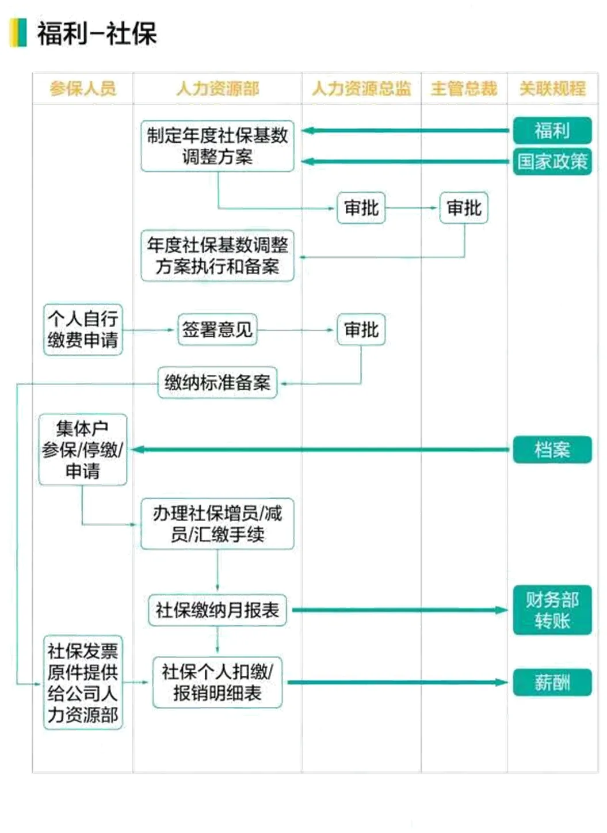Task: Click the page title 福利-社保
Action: (x=97, y=33)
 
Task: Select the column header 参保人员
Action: (x=83, y=89)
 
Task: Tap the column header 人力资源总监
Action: (x=361, y=89)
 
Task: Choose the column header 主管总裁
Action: (x=464, y=89)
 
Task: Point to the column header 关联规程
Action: (x=552, y=89)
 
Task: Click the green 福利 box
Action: (x=552, y=131)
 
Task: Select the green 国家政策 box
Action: (x=552, y=161)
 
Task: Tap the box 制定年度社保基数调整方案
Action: (x=217, y=146)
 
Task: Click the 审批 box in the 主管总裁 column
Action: (x=464, y=208)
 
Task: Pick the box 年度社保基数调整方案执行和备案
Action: (x=217, y=256)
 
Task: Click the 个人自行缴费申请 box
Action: (x=83, y=329)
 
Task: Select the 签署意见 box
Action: (x=217, y=330)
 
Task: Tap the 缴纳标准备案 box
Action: (x=217, y=383)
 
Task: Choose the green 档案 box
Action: (x=552, y=450)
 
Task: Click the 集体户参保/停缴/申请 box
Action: (x=82, y=450)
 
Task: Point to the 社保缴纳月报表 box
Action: (x=217, y=610)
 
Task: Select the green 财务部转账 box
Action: (x=552, y=610)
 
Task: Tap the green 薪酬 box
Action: (x=552, y=683)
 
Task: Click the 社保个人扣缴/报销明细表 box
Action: (x=217, y=683)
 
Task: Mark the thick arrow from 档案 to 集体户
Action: (x=322, y=450)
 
